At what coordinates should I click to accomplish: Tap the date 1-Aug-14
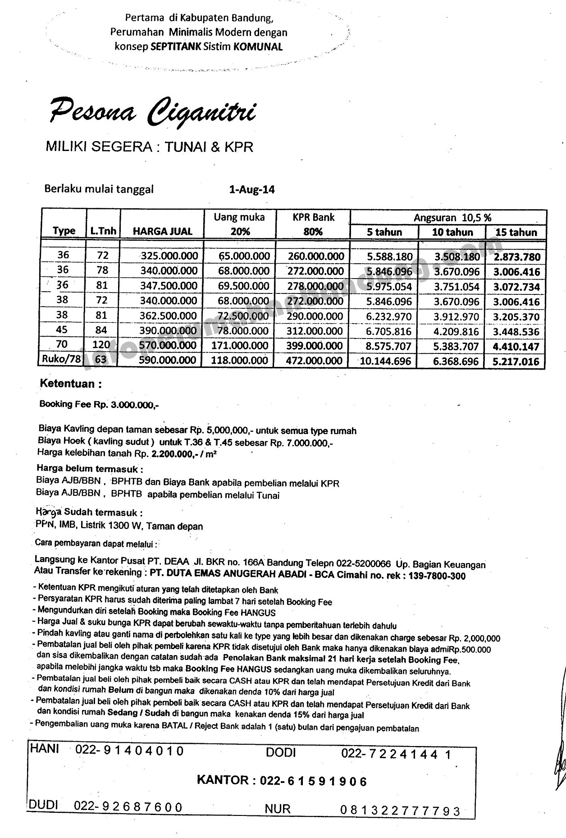click(252, 190)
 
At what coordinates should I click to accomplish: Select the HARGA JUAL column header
click(163, 232)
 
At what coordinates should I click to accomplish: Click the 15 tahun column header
click(516, 233)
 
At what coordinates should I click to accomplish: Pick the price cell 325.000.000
click(169, 256)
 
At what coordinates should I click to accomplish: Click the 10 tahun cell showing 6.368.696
click(456, 362)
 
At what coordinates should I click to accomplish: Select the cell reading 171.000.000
click(240, 346)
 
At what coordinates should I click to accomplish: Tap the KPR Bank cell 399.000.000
click(315, 346)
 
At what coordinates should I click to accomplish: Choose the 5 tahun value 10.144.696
click(386, 362)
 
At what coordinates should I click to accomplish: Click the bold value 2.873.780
click(517, 257)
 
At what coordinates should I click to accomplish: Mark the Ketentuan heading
click(71, 384)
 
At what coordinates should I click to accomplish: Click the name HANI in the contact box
click(44, 749)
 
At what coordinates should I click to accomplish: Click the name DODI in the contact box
click(280, 752)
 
